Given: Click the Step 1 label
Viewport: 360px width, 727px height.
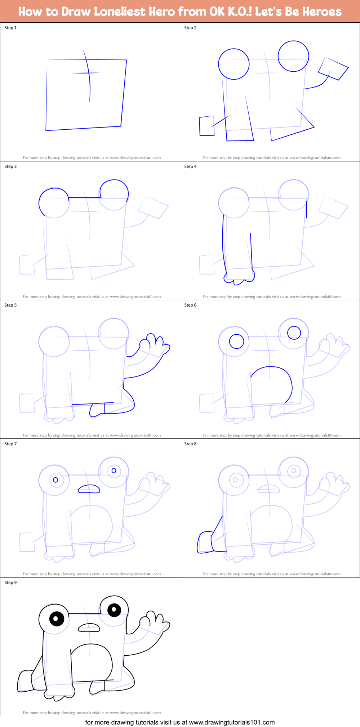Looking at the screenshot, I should [10, 28].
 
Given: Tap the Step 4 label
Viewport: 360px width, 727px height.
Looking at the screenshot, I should [190, 166].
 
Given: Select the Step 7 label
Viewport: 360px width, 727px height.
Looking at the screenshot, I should [10, 444].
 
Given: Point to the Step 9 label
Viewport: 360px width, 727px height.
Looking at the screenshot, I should [10, 583].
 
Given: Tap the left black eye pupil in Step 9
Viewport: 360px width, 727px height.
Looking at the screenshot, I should [56, 619].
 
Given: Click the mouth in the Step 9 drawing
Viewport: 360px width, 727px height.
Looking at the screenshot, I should [89, 628].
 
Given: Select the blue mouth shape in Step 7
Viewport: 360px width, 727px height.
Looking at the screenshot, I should [89, 489].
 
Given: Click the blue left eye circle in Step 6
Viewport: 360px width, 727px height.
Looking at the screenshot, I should [236, 341].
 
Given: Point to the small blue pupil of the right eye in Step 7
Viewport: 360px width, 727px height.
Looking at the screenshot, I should [114, 470].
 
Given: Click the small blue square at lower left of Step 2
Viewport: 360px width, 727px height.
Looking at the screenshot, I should [206, 126].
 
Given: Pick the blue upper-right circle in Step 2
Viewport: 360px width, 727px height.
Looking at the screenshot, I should [293, 56].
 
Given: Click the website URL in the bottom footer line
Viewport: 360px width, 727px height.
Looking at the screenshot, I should [232, 722].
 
